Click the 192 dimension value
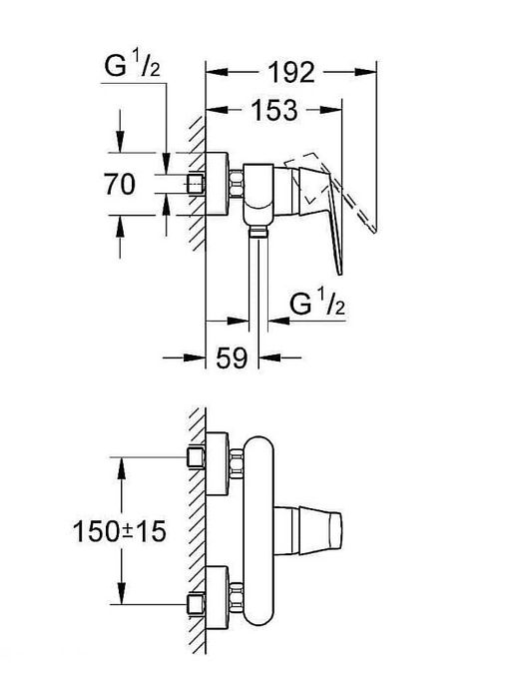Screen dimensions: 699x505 pyautogui.click(x=290, y=72)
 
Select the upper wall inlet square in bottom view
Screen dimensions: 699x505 pyautogui.click(x=197, y=457)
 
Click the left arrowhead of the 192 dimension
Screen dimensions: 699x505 pyautogui.click(x=213, y=71)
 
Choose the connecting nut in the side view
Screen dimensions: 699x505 pyautogui.click(x=238, y=185)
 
